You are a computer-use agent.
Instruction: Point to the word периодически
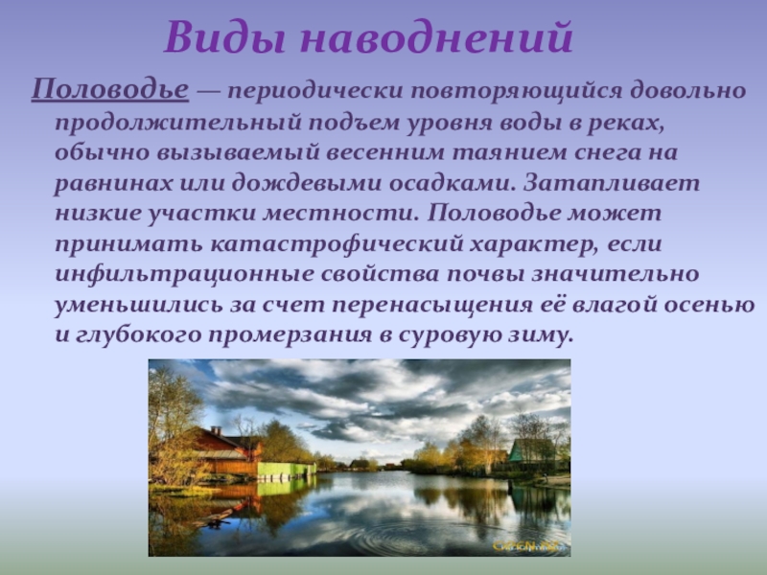coord(314,92)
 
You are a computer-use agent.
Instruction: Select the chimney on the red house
coord(216,431)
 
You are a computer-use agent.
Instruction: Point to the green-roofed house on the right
coord(533,450)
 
